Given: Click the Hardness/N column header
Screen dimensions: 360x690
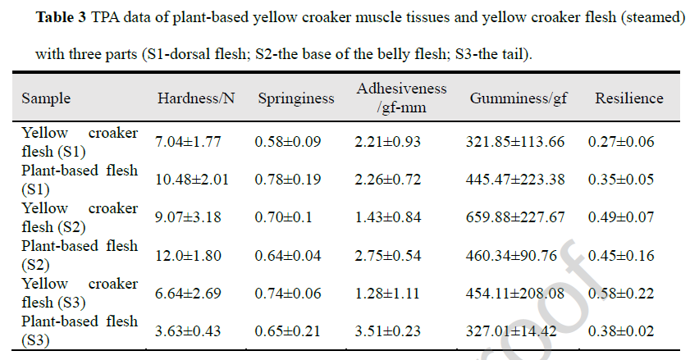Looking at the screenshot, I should (x=196, y=98).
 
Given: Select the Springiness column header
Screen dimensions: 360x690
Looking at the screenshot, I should (x=296, y=98).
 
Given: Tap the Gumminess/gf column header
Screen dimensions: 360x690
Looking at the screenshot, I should (x=519, y=98).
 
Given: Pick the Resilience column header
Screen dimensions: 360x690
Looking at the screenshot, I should (x=629, y=98).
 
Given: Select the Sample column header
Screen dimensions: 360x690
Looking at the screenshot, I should (x=46, y=98).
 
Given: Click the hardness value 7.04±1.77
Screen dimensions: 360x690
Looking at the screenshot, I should (x=188, y=142).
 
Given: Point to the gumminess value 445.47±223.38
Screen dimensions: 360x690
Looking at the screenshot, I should (x=515, y=180).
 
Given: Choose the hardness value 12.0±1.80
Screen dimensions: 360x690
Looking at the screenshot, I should (x=188, y=256).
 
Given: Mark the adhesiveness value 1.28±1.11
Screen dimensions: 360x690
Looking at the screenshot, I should (x=387, y=294).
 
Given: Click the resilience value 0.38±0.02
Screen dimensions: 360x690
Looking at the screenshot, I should (x=621, y=332).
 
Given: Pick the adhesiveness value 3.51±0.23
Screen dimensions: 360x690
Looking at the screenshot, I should (x=387, y=332).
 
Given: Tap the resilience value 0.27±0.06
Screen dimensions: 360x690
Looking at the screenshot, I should (x=621, y=142).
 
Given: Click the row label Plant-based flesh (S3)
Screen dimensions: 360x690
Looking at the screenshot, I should (x=80, y=330).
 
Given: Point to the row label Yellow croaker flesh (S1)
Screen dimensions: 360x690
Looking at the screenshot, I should (x=80, y=142).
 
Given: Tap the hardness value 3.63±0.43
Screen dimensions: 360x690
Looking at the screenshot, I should (x=188, y=332).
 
